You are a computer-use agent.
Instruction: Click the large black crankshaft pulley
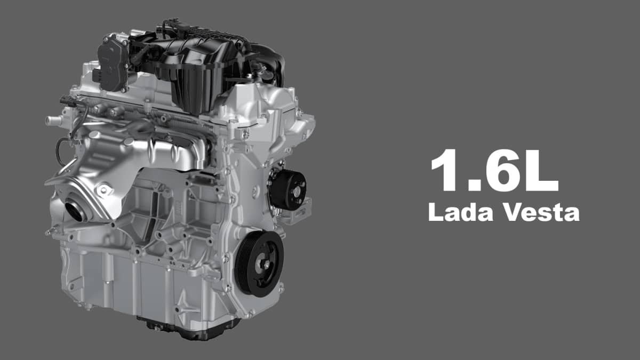click(259, 264)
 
